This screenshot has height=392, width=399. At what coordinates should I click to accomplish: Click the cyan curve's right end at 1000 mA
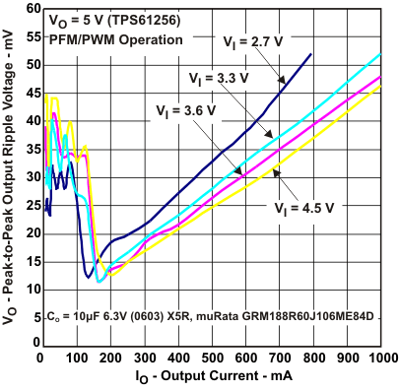(380, 54)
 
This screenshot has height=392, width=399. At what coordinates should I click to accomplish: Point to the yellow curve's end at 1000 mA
(380, 87)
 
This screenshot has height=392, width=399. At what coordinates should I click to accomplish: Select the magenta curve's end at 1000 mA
(380, 76)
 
